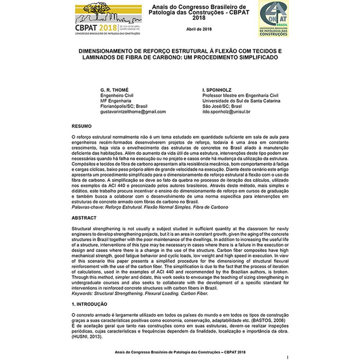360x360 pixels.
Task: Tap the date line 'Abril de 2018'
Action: tap(199, 29)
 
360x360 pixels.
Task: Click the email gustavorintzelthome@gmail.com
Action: tap(133, 112)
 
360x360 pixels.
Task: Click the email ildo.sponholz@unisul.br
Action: tap(226, 112)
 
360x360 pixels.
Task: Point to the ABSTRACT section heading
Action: tap(84, 218)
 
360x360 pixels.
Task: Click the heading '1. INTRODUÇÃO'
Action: tap(89, 304)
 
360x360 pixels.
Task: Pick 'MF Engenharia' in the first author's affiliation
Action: tap(116, 101)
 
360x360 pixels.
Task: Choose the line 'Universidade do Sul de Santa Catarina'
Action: tap(241, 101)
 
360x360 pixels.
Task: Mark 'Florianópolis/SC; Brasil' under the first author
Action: tap(123, 106)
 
